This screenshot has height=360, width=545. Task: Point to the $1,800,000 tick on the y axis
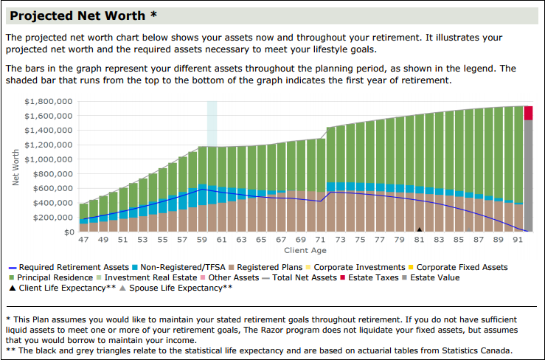[x=48, y=101]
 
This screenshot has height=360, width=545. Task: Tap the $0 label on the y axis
[x=69, y=232]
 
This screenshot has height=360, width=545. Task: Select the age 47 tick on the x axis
[x=83, y=240]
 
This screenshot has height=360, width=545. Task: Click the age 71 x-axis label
[x=321, y=240]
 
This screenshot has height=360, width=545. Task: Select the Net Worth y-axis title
[x=16, y=166]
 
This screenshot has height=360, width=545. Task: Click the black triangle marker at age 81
[x=420, y=229]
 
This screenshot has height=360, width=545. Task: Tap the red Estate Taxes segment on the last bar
[x=528, y=113]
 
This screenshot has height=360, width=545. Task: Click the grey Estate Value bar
[x=528, y=177]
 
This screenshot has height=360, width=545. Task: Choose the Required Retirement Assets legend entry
[x=69, y=267]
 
